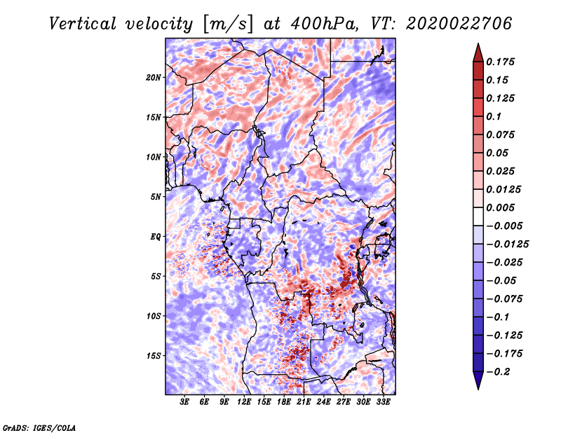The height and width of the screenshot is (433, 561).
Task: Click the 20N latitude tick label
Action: [x=154, y=77]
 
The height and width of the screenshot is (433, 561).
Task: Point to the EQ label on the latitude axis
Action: [x=155, y=236]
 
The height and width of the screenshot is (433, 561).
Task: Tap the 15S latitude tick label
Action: [x=154, y=356]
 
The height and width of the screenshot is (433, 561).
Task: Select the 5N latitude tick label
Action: [x=155, y=197]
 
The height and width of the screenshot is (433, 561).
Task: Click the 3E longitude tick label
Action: [x=185, y=403]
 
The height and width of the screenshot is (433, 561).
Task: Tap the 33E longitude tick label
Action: [x=384, y=403]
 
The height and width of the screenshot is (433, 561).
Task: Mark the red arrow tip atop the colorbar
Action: [x=477, y=47]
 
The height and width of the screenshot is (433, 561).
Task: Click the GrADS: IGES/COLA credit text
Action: [x=39, y=427]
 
